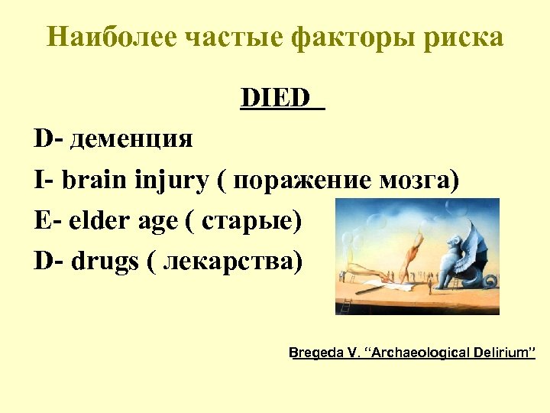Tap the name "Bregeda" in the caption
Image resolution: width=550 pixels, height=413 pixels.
click(314, 353)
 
